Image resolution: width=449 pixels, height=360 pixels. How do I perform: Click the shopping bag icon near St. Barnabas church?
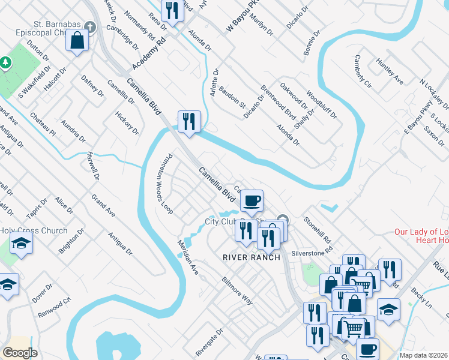click(77, 41)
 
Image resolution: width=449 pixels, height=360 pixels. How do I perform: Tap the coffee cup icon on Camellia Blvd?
click(252, 200)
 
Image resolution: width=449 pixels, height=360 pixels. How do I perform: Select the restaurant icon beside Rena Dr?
click(172, 10)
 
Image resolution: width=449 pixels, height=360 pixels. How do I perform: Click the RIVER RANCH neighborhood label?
click(252, 257)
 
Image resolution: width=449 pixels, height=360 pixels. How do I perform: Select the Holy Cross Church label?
click(34, 231)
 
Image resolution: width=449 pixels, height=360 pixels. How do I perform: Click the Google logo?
click(20, 352)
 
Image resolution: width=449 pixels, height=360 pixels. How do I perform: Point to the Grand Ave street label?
click(103, 205)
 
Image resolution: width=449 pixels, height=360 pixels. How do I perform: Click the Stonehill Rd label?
click(318, 229)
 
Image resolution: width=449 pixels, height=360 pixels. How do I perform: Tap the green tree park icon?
click(5, 62)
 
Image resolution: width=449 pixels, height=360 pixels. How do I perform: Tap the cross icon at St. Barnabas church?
click(90, 27)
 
